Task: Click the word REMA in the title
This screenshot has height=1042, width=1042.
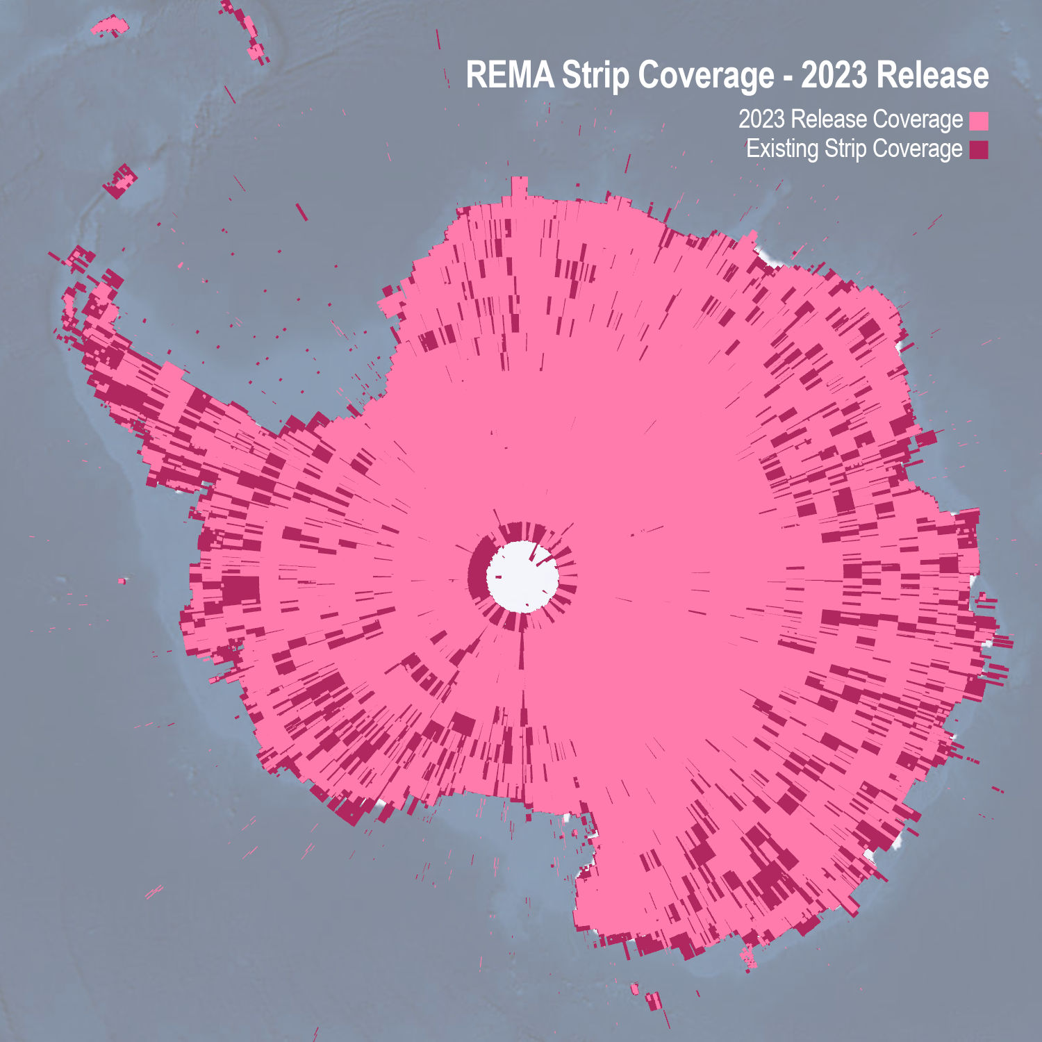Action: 509,75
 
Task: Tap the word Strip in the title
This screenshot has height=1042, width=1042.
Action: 595,75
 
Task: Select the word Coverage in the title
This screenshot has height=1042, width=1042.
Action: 706,75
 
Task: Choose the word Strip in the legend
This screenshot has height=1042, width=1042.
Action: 845,149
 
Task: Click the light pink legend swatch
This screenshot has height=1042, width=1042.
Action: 979,121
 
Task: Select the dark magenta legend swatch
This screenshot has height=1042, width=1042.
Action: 979,149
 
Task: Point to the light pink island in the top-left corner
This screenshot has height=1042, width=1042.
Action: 110,26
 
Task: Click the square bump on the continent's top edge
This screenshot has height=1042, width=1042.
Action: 519,186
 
